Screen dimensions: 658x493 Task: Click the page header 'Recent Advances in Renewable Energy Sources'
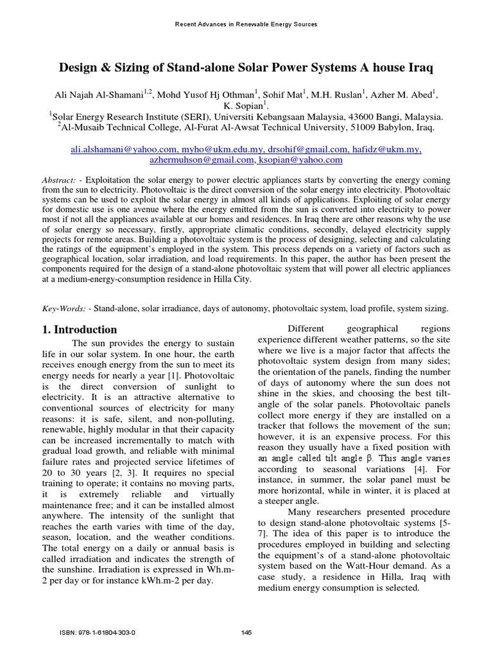point(246,24)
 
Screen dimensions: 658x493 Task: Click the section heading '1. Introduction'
point(80,330)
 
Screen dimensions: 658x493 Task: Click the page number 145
point(246,632)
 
